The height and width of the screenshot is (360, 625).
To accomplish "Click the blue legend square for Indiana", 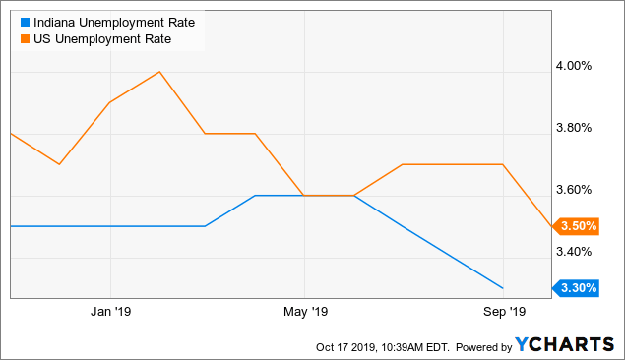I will pos(12,22).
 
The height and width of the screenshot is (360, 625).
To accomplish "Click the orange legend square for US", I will pos(12,39).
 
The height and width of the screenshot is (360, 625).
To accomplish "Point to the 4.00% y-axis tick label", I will pos(576,66).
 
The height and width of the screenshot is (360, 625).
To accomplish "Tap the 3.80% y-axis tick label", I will pos(576,128).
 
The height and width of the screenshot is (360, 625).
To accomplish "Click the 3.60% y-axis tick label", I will pos(576,190).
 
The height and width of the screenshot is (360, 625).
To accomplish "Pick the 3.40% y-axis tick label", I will pos(576,252).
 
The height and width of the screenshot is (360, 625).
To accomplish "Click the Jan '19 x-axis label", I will pos(110,313).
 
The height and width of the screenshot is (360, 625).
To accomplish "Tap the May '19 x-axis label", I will pos(305,313).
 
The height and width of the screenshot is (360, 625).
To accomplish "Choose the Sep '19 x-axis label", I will pos(503,313).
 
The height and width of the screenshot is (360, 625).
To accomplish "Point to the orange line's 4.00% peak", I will pos(158,72).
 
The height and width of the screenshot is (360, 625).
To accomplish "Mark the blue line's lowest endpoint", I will pos(503,288).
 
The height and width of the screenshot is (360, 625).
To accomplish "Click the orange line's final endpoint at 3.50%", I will pos(551,226).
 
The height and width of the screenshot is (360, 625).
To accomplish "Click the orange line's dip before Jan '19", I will pos(60,164).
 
